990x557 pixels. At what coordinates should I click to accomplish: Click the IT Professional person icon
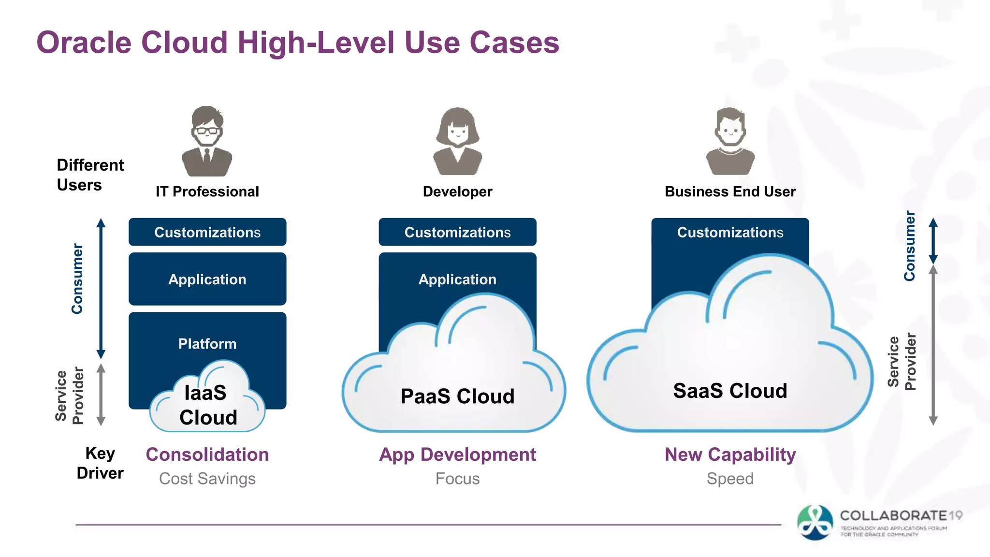point(207,141)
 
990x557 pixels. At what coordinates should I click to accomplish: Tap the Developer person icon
point(457,141)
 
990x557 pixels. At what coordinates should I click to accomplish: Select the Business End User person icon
point(730,141)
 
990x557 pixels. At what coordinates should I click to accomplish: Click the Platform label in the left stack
point(207,344)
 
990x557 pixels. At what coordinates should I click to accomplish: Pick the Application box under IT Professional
point(207,279)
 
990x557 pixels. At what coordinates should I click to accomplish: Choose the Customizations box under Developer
point(457,232)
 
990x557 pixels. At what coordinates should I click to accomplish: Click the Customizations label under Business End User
point(730,232)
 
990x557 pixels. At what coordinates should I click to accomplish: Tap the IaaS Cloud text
point(207,405)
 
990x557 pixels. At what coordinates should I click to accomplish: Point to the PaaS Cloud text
point(457,396)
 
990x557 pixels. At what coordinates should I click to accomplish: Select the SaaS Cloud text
point(730,391)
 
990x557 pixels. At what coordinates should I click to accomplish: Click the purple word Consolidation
point(207,454)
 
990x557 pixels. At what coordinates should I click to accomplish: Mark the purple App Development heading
point(457,454)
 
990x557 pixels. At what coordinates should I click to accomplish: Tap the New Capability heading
point(730,454)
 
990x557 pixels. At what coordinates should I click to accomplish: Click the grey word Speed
point(730,479)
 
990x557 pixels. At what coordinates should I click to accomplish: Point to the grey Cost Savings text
point(207,479)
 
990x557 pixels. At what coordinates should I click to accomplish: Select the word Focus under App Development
point(457,479)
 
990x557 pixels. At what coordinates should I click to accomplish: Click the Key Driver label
point(100,463)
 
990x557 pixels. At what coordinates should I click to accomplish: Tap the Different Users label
point(90,175)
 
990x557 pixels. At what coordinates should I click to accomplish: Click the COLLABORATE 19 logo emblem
point(815,523)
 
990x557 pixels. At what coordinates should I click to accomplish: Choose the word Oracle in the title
point(84,43)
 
